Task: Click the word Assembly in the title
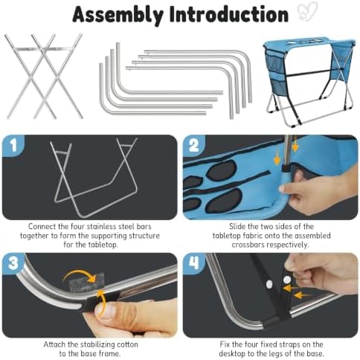(118, 14)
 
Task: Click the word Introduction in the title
(229, 14)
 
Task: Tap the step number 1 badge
(13, 145)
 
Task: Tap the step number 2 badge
(193, 145)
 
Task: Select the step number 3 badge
(13, 263)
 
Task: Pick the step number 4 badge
(193, 263)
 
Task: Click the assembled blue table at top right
(309, 81)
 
